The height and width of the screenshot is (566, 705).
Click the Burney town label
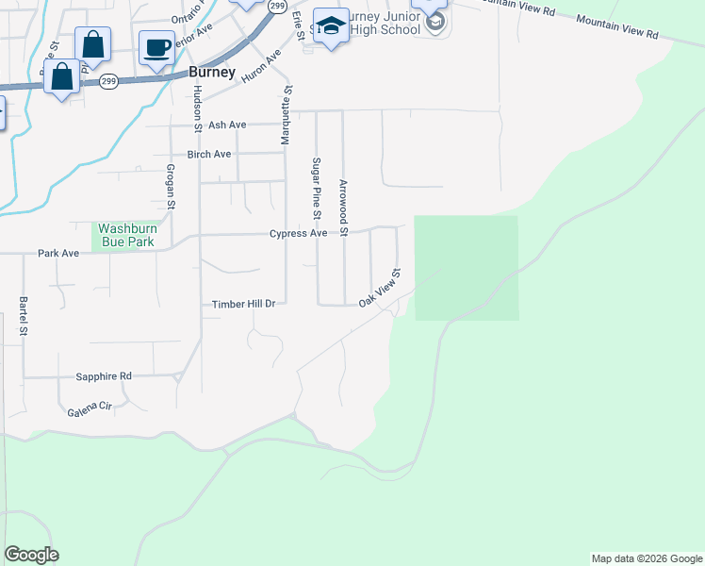point(211,71)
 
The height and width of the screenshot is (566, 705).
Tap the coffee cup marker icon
point(157,47)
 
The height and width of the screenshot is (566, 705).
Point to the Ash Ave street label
point(227,125)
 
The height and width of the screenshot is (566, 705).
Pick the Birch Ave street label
point(209,154)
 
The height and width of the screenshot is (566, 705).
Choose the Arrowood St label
point(343,208)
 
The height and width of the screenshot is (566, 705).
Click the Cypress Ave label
point(298,233)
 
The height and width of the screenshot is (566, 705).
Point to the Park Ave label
point(57,253)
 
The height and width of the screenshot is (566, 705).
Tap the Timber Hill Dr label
point(243,304)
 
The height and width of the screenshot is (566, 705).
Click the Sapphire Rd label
point(104,376)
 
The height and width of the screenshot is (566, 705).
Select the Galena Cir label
point(90,412)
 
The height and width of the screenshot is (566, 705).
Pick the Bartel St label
point(24,318)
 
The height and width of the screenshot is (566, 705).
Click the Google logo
point(31,555)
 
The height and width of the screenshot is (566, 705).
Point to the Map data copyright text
point(647,558)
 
